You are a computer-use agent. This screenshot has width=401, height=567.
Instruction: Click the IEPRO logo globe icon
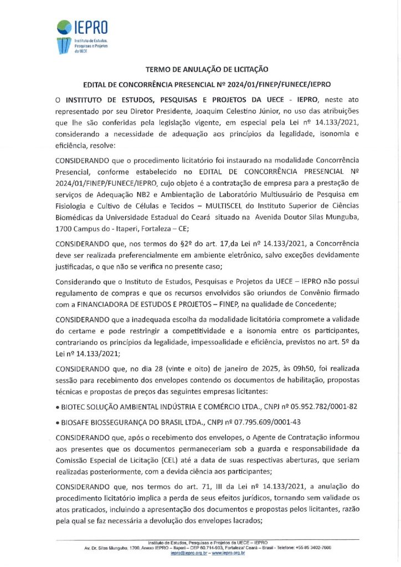(65, 25)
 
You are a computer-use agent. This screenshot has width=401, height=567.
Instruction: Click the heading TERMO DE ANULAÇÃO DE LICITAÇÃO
(207, 70)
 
